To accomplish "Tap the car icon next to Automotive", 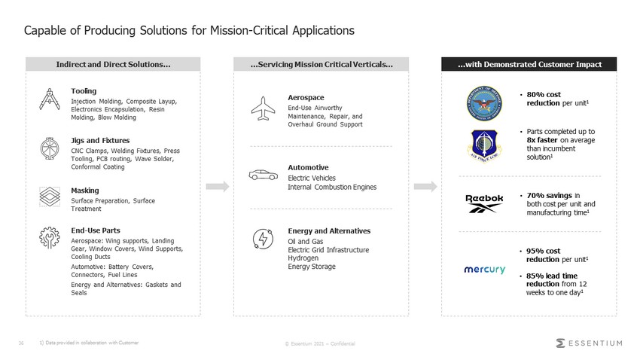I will pos(263,175).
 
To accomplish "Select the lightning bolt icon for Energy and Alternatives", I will pos(263,238).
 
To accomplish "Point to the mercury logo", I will pos(484,269).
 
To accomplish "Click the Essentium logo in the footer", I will pos(589,343).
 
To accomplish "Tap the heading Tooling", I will pos(83,90).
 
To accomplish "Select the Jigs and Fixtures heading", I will pos(100,140).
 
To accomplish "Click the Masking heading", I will pos(85,191).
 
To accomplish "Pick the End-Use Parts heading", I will pos(96,230).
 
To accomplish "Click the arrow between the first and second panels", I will pos(216,186).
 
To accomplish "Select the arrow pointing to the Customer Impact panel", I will pos(425,186).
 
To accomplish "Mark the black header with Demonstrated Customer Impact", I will pos(529,65).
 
